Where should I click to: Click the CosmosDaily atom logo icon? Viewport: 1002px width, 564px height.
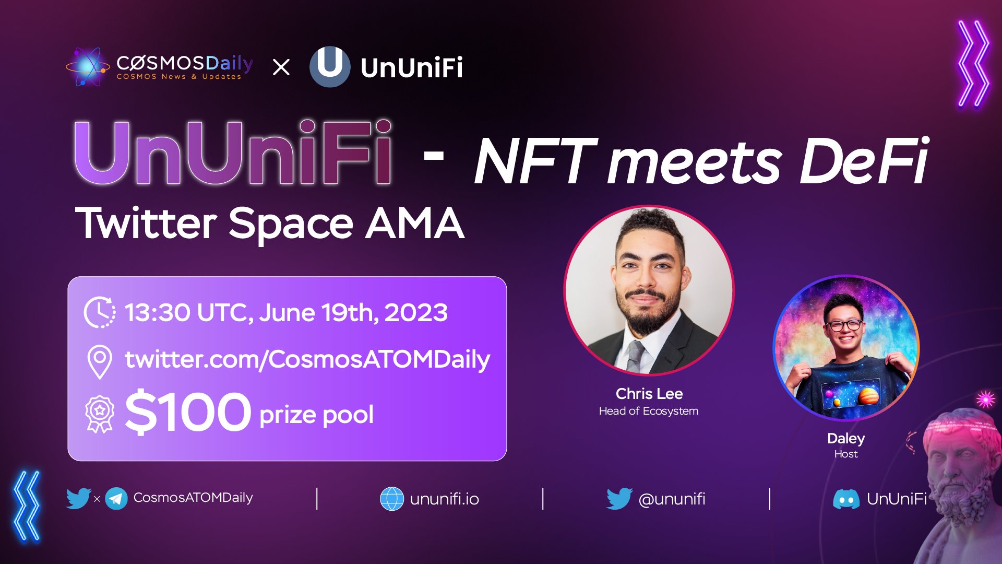(88, 67)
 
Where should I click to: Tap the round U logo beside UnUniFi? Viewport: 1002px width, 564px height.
(330, 66)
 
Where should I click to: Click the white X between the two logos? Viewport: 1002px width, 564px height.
(281, 67)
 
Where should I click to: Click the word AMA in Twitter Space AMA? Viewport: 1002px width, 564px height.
(415, 224)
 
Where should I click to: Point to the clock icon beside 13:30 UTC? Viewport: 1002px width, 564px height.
(99, 312)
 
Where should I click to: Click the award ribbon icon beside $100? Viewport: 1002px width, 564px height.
(99, 414)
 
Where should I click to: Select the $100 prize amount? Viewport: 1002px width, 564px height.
(188, 413)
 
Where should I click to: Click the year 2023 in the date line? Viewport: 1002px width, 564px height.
(416, 313)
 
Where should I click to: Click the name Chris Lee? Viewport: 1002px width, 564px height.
(649, 394)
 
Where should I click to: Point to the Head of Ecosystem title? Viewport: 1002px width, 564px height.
(649, 412)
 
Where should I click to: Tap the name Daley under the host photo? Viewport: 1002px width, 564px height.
(846, 439)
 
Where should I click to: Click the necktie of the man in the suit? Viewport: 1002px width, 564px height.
(635, 355)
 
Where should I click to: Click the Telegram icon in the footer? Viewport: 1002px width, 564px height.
(116, 499)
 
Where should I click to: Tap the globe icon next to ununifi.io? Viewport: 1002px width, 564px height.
(392, 499)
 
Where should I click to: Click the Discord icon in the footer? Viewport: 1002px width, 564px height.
(846, 499)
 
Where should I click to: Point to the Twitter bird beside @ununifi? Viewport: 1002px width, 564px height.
(619, 499)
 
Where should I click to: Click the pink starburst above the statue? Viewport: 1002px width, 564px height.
(985, 399)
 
